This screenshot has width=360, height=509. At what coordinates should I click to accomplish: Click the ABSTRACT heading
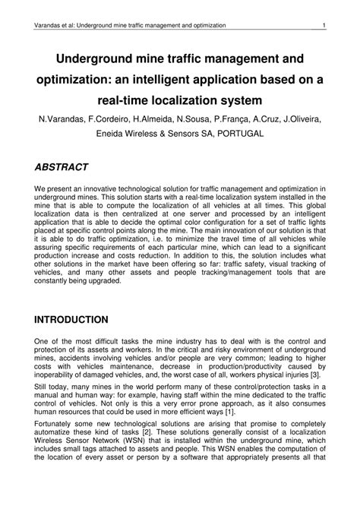62,166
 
